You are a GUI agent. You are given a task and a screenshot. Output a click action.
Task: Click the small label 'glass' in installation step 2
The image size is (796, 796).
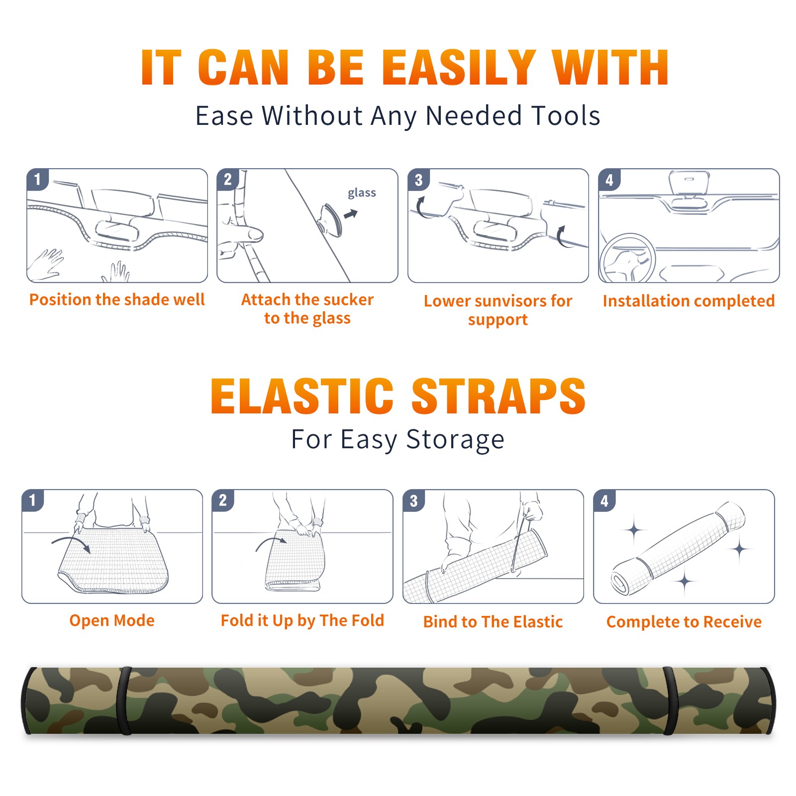362,193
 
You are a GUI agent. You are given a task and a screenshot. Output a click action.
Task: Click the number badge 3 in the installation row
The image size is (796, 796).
418,180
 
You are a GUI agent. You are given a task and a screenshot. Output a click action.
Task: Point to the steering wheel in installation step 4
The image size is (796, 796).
627,259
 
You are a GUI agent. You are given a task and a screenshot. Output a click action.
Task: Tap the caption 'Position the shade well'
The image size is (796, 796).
117,299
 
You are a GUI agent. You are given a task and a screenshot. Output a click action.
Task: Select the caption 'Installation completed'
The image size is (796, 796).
689,300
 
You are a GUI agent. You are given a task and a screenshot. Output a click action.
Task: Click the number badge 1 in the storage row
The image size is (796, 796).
33,500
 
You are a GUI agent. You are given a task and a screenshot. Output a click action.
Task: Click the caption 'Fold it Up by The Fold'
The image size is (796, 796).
302,620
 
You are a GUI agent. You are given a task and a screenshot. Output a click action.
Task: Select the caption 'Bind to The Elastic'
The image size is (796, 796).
493,622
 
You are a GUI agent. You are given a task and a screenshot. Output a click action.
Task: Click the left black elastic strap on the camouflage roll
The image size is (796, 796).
124,700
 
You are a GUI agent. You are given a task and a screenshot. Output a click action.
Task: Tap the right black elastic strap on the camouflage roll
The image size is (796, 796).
670,700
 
